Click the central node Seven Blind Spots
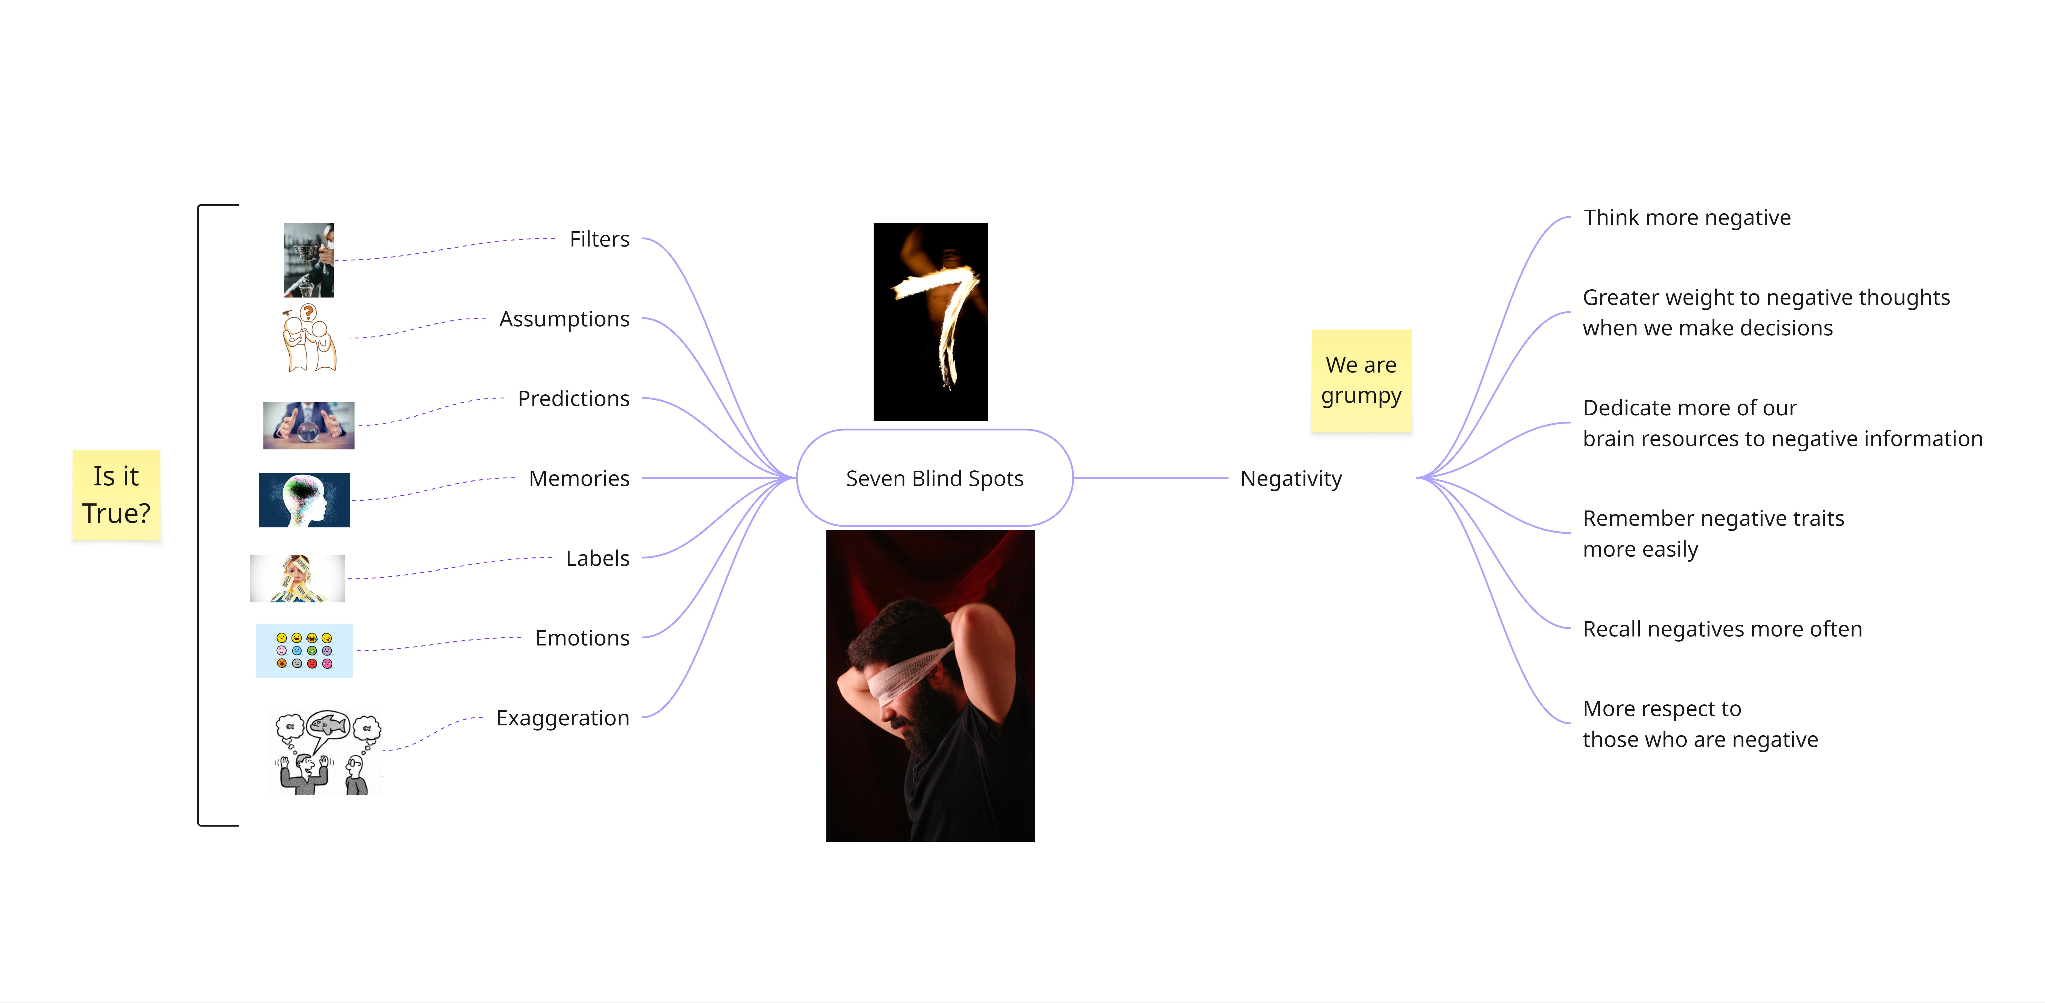(934, 479)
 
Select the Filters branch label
(599, 239)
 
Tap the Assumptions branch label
(564, 319)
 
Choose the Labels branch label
(598, 559)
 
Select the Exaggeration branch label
(563, 718)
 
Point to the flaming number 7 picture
(930, 321)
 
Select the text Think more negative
(1687, 217)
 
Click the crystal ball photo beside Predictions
(309, 425)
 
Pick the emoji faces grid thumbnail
(304, 651)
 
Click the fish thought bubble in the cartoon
(329, 724)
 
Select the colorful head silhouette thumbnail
(304, 500)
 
